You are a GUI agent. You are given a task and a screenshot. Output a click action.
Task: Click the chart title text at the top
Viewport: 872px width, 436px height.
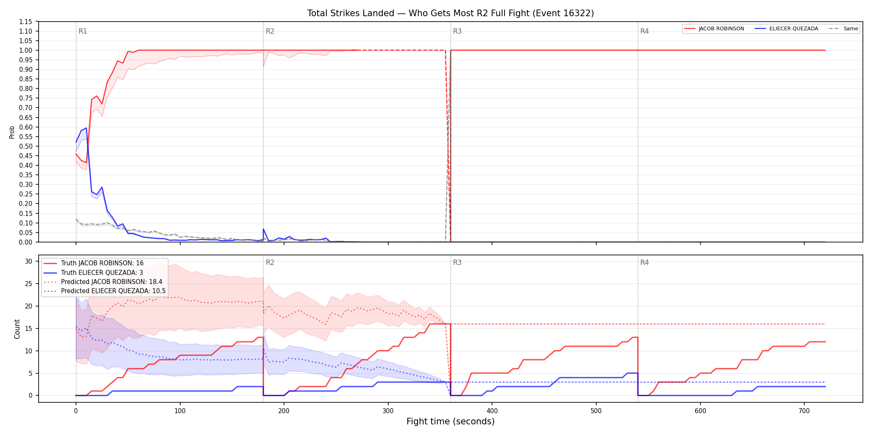pos(451,13)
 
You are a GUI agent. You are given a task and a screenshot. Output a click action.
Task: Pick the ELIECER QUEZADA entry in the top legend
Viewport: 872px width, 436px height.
pos(786,29)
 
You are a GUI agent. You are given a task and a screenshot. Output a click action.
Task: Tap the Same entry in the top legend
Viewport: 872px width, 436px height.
pos(843,29)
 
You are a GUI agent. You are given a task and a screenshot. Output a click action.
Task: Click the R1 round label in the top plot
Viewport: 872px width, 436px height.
pos(83,31)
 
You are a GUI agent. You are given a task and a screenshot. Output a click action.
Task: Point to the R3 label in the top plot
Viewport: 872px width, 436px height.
pos(457,31)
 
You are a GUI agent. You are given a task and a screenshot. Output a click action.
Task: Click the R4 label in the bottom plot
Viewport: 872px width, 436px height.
pos(644,262)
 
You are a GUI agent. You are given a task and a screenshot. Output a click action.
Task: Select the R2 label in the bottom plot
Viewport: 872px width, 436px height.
pos(270,262)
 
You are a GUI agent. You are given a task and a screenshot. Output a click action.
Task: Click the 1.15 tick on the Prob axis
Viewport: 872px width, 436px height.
pos(26,22)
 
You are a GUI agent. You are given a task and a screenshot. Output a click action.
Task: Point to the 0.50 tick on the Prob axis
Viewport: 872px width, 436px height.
pos(26,146)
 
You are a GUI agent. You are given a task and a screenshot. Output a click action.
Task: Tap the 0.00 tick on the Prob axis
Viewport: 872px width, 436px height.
pos(26,242)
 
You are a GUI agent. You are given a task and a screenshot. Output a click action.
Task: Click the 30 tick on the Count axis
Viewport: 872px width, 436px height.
pos(29,261)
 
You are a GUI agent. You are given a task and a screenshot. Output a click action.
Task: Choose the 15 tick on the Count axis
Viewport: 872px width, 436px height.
pos(29,328)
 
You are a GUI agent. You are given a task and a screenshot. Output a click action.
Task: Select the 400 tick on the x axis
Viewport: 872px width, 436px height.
pos(492,411)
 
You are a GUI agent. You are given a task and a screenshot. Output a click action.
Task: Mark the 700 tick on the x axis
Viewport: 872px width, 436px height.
pos(804,411)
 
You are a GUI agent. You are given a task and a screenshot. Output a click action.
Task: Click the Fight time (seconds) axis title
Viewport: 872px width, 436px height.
pos(451,421)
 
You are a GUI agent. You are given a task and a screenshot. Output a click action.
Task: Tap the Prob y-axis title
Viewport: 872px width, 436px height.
pos(12,132)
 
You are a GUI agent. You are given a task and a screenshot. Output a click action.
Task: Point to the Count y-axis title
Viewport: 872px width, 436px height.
pos(17,329)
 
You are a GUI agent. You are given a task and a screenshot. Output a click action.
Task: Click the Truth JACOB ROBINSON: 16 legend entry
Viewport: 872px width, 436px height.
pos(93,263)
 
